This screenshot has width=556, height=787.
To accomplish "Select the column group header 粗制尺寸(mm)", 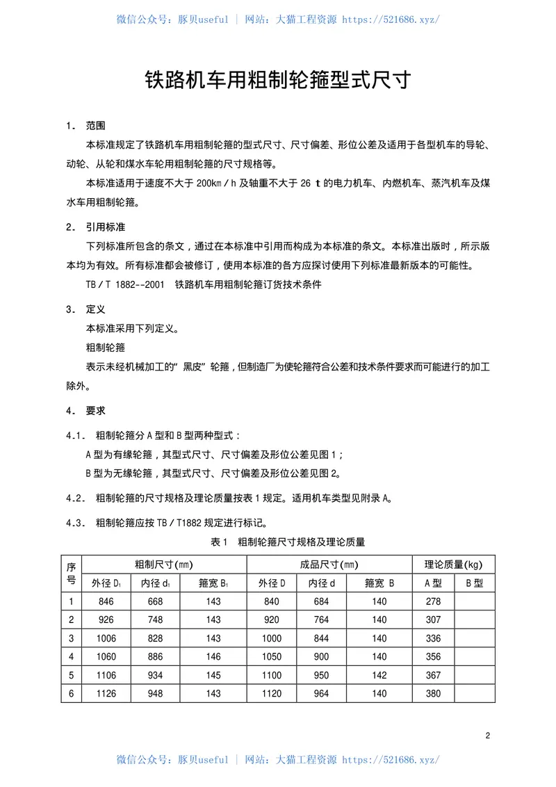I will [163, 565].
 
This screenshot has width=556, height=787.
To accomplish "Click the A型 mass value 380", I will [434, 693].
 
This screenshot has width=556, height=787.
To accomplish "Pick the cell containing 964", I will [322, 693].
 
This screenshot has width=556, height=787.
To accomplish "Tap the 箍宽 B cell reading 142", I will [379, 675].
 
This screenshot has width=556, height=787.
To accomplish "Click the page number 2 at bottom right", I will [488, 736].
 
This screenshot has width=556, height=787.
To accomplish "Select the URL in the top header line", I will [391, 19].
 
